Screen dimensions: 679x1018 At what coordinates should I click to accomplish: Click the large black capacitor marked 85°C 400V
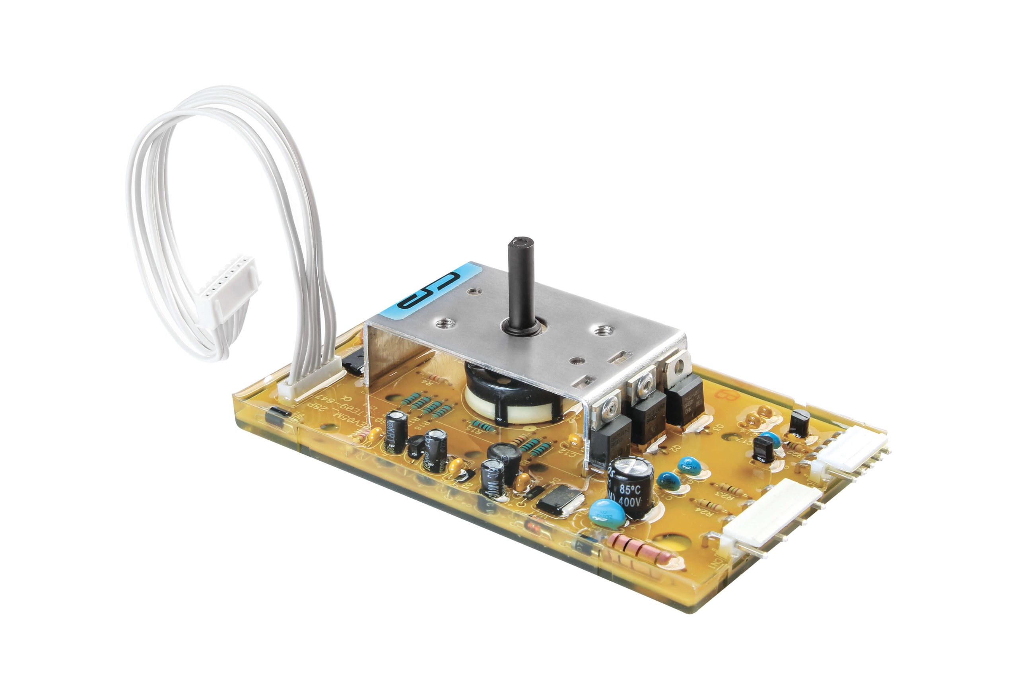click(630, 487)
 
